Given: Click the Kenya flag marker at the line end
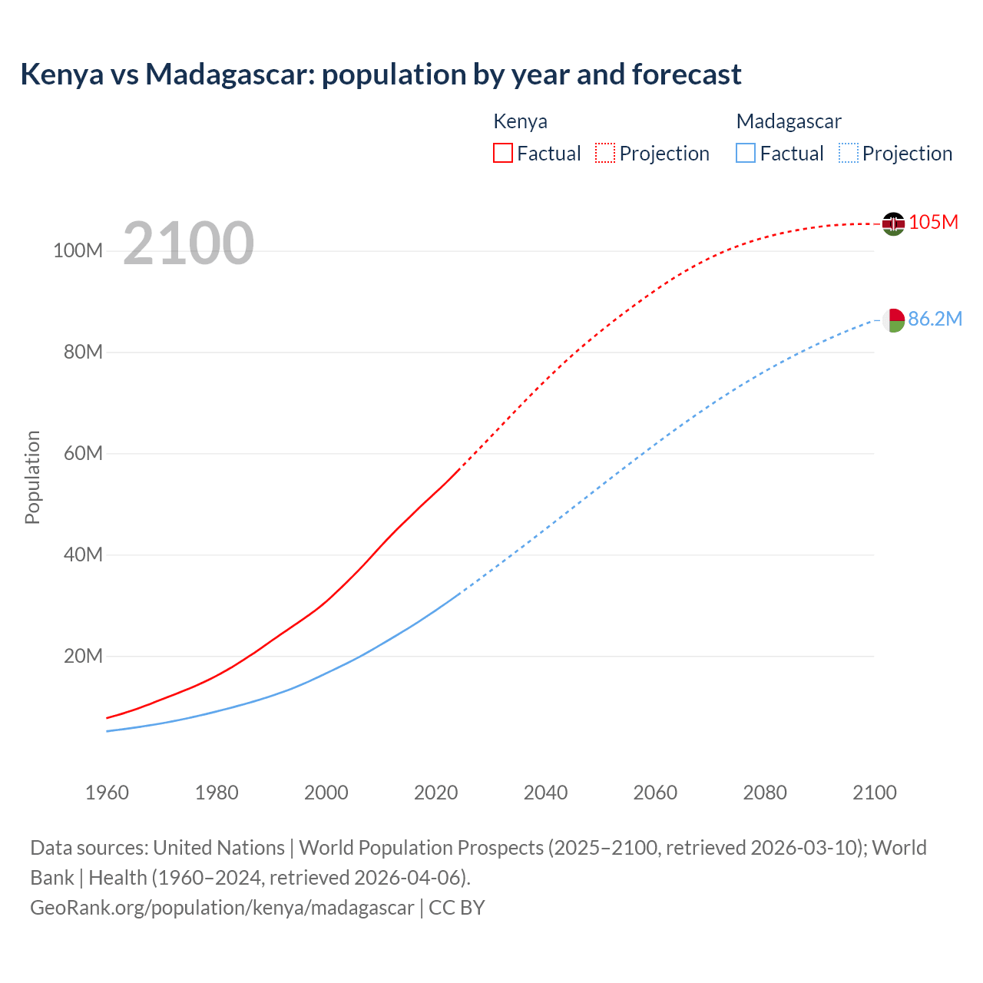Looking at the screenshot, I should point(893,223).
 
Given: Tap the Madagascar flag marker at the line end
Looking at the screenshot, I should point(893,319).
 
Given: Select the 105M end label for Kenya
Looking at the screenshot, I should point(933,222).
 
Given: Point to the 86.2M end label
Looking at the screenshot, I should point(935,319).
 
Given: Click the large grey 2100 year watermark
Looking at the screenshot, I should point(188,243).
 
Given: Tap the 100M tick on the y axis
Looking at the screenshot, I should point(78,251).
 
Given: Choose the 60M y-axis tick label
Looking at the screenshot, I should point(83,453).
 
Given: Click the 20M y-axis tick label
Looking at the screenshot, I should point(83,656).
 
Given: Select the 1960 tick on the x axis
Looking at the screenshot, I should point(107,793).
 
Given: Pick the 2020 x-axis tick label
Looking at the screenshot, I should point(435,793).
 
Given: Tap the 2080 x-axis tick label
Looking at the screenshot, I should point(764,793).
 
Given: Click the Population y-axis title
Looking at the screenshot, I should point(32,477).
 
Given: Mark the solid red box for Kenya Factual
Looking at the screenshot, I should point(502,153).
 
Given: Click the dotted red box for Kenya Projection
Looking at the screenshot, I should point(605,153).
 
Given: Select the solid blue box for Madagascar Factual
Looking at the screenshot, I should point(746,153).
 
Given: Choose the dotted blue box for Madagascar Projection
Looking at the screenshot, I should point(848,153).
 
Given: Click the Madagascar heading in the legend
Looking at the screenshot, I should point(789,121).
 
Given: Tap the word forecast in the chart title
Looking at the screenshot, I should point(687,74).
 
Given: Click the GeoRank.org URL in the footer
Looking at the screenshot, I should point(222,908).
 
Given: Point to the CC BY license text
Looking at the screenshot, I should point(457,908).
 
